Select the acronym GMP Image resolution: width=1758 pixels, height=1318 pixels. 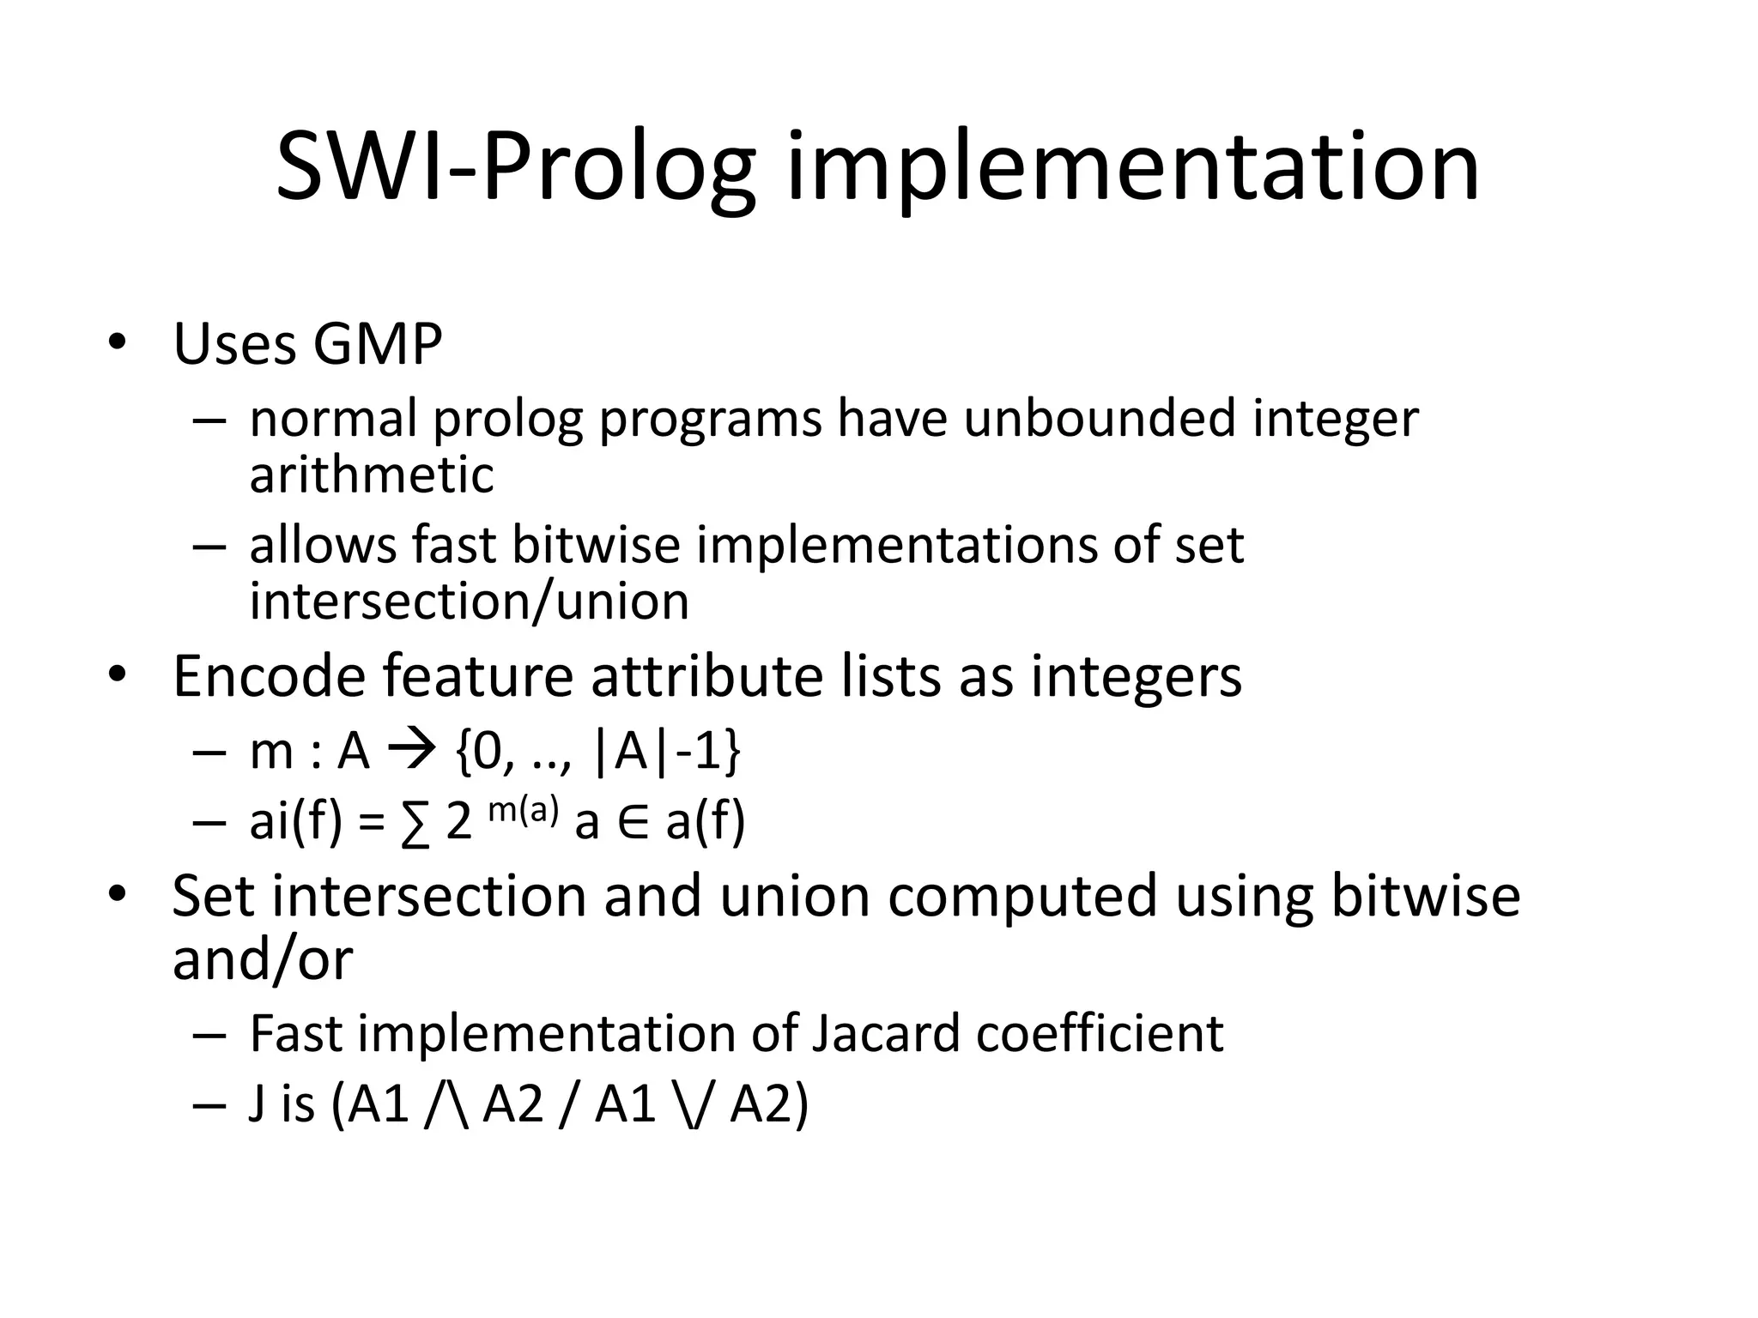coord(377,345)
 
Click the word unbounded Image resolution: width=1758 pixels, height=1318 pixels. coord(1100,418)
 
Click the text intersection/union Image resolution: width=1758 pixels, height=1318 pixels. coord(469,601)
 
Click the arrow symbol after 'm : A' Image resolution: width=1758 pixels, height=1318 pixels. coord(412,752)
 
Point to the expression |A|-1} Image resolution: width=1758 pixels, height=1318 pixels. coord(666,752)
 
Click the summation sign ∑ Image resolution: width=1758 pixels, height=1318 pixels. coord(415,823)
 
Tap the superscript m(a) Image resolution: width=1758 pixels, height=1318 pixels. coord(523,809)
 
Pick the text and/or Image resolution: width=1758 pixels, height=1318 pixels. coord(263,958)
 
